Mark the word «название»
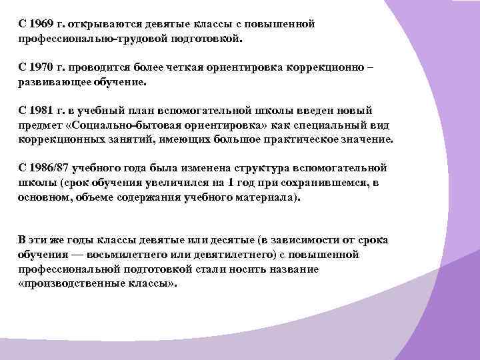(x=293, y=270)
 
